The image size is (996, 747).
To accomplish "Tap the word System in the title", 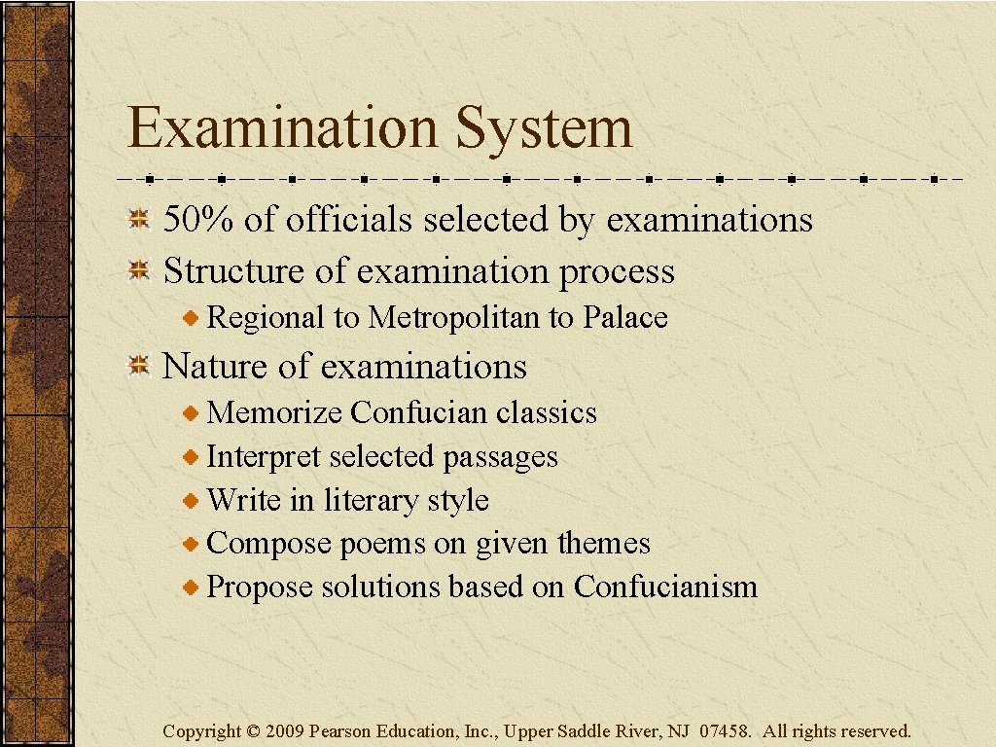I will [544, 128].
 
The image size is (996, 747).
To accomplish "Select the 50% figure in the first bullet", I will [198, 220].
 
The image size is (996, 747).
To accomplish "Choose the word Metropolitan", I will [456, 317].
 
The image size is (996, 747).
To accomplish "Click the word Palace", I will [625, 317].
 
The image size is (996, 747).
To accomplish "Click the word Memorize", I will [274, 412].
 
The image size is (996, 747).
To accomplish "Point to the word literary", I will [370, 500].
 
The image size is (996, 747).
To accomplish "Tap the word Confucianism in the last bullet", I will [665, 587].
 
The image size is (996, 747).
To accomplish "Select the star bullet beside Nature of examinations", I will [140, 367].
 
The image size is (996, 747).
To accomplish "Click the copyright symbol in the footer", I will [253, 731].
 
